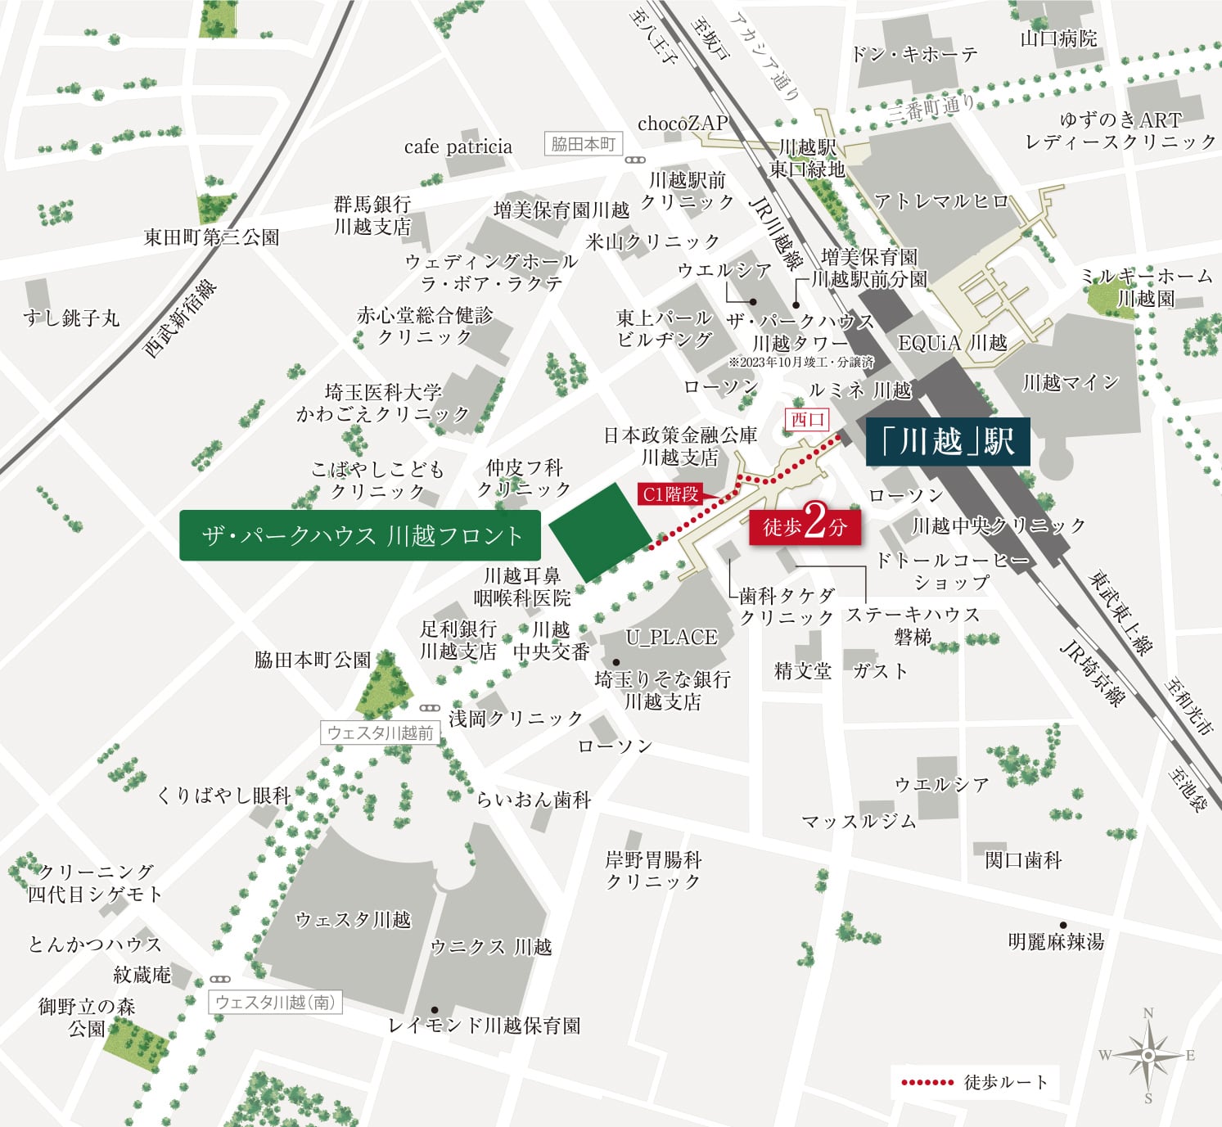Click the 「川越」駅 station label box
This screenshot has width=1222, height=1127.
click(x=947, y=442)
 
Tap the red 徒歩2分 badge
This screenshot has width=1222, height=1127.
click(x=805, y=526)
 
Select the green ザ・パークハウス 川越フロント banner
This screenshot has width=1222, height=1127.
click(x=360, y=536)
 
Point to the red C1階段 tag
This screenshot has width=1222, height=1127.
click(x=670, y=494)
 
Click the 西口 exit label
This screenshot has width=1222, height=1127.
click(x=807, y=420)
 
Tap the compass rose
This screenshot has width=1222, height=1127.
click(x=1148, y=1055)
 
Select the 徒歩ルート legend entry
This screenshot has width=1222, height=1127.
click(x=974, y=1082)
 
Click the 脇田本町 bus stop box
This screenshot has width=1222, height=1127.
click(x=583, y=144)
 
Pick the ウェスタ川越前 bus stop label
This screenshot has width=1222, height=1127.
click(x=380, y=733)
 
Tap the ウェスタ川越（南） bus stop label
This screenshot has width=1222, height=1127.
click(x=275, y=1002)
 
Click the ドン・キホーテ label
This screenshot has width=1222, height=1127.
click(x=913, y=54)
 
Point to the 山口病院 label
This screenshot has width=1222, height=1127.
click(x=1058, y=38)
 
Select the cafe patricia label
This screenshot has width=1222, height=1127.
click(x=458, y=147)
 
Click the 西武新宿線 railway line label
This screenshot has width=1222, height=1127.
click(x=181, y=320)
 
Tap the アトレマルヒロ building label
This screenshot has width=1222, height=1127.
click(x=941, y=201)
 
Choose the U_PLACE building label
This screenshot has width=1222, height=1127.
click(x=670, y=637)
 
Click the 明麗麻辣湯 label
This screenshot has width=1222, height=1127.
click(x=1056, y=942)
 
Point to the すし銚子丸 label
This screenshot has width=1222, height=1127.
click(x=71, y=318)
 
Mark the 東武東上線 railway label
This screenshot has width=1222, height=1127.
click(x=1119, y=613)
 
